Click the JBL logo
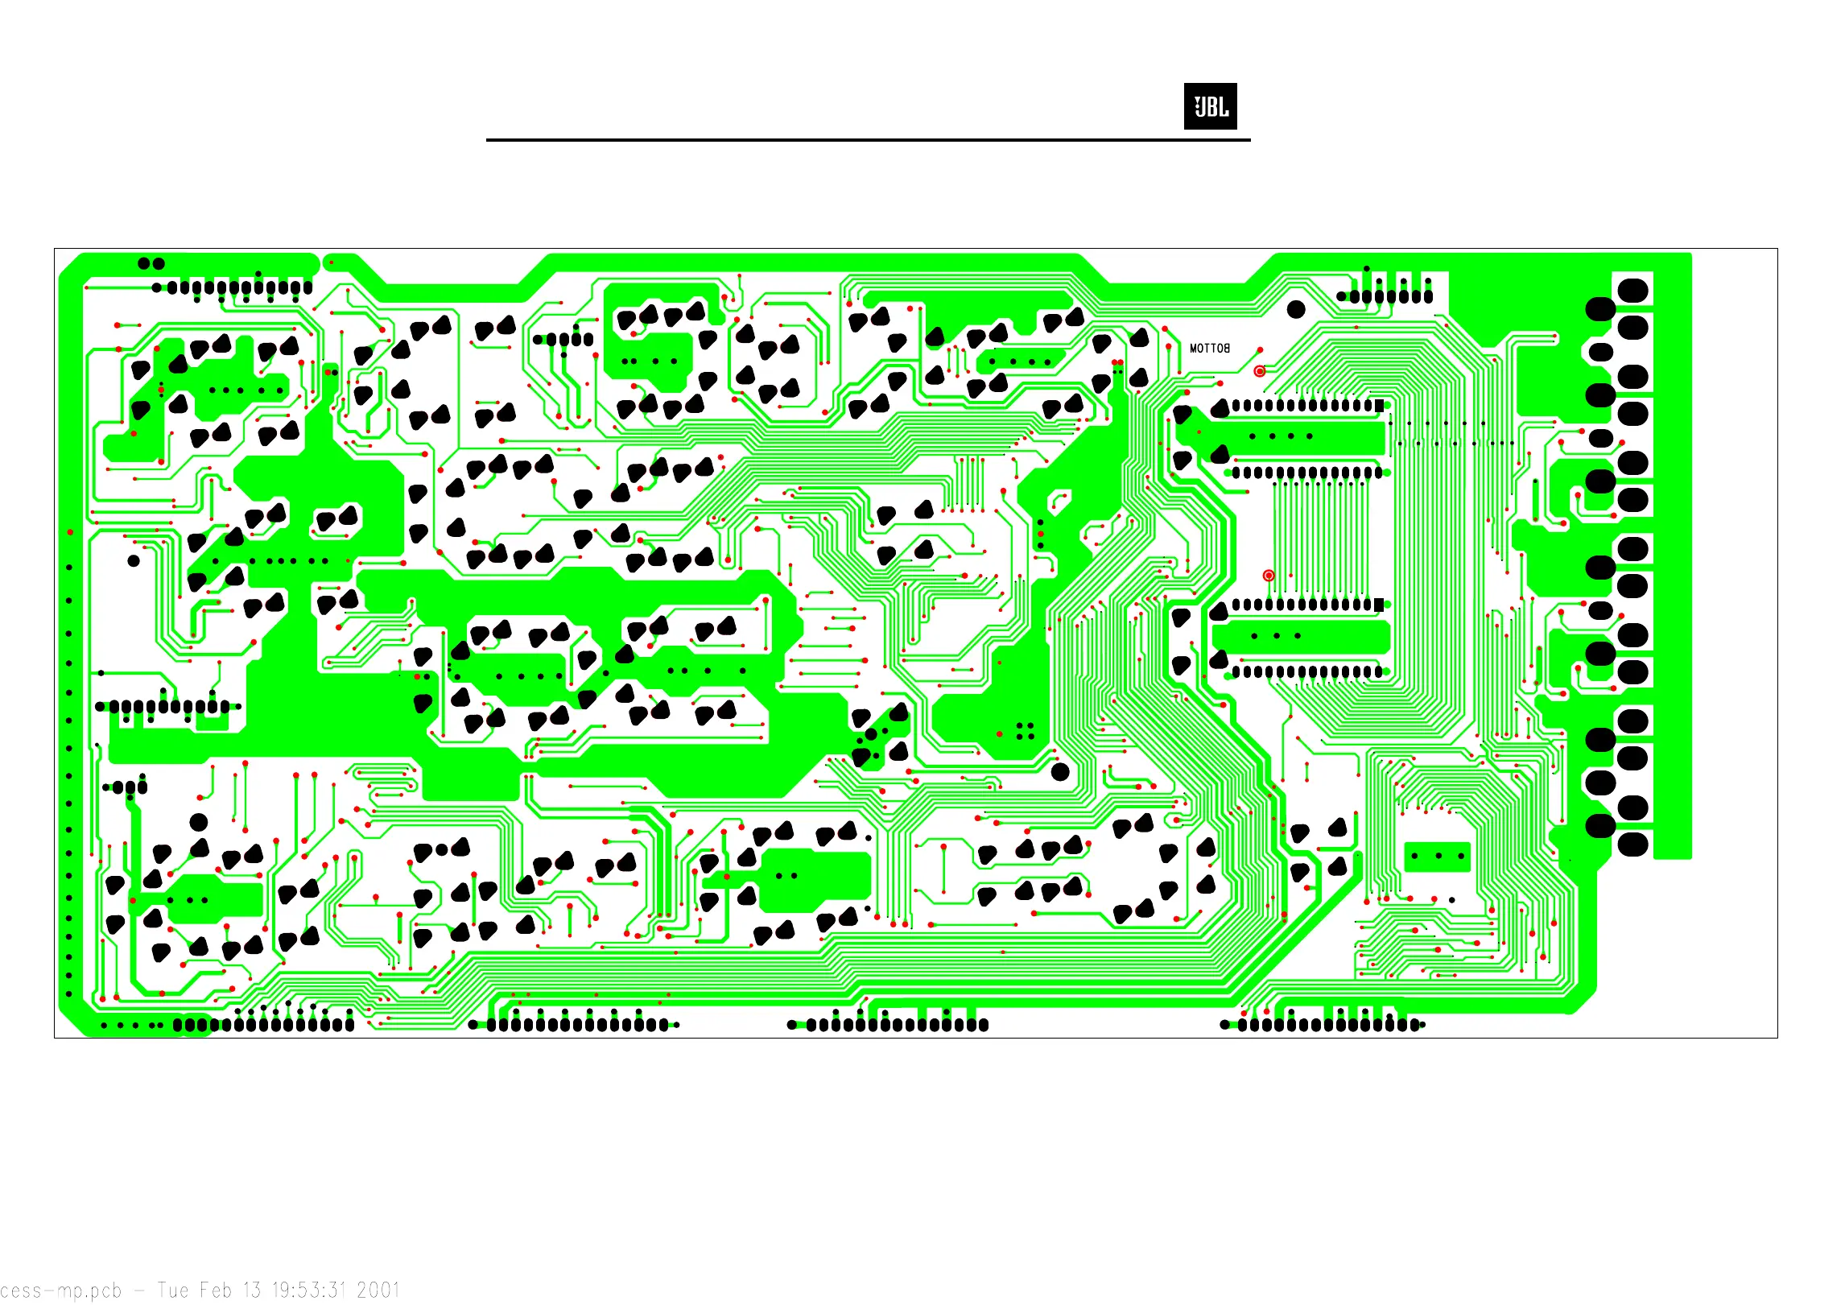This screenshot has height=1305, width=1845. tap(1210, 106)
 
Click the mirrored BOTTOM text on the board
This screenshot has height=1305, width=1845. tap(1209, 349)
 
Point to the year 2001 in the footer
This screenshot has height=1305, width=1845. tap(378, 1290)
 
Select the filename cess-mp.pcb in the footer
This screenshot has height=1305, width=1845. tap(60, 1290)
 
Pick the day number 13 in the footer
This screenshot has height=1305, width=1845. tap(252, 1290)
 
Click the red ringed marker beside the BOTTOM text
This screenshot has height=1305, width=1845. tap(1260, 371)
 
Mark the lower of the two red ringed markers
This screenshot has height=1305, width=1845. tap(1269, 576)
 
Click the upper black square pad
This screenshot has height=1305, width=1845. tap(1379, 406)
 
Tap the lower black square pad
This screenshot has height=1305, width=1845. tap(1379, 605)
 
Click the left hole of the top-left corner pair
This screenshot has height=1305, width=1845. tap(144, 263)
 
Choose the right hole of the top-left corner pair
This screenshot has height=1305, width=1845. tap(159, 263)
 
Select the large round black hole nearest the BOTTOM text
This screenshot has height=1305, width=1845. tap(1296, 309)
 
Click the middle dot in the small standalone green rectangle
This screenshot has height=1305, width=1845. tap(1438, 856)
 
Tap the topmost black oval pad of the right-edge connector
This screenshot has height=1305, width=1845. tap(1632, 291)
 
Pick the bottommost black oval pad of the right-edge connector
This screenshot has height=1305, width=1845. tap(1632, 845)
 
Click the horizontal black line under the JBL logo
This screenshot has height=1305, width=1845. tap(868, 140)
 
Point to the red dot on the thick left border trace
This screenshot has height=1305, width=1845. tap(70, 532)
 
